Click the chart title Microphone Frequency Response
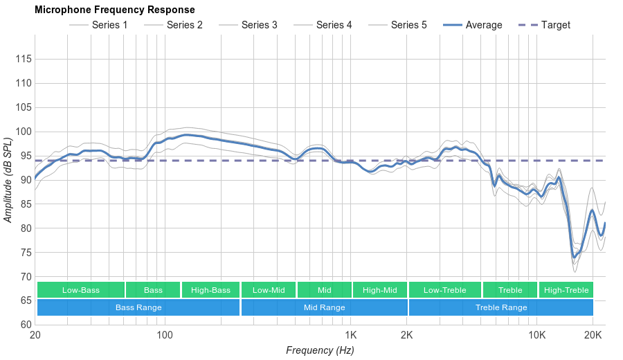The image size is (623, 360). pyautogui.click(x=114, y=10)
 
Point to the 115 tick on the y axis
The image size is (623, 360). pyautogui.click(x=24, y=60)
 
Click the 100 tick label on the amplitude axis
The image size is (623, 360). pyautogui.click(x=24, y=132)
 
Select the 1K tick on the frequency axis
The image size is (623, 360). pyautogui.click(x=350, y=335)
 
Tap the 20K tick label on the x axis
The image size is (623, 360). pyautogui.click(x=593, y=335)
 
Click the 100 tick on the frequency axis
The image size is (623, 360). pyautogui.click(x=164, y=335)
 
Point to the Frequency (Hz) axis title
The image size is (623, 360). pyautogui.click(x=320, y=350)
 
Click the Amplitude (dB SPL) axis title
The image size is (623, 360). pyautogui.click(x=8, y=181)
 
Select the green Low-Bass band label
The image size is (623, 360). pyautogui.click(x=81, y=290)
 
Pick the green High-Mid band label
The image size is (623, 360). pyautogui.click(x=379, y=290)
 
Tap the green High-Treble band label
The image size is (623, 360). pyautogui.click(x=566, y=290)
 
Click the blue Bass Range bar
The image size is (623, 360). pyautogui.click(x=138, y=307)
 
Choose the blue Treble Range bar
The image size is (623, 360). pyautogui.click(x=501, y=307)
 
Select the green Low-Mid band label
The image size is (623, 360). pyautogui.click(x=269, y=290)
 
